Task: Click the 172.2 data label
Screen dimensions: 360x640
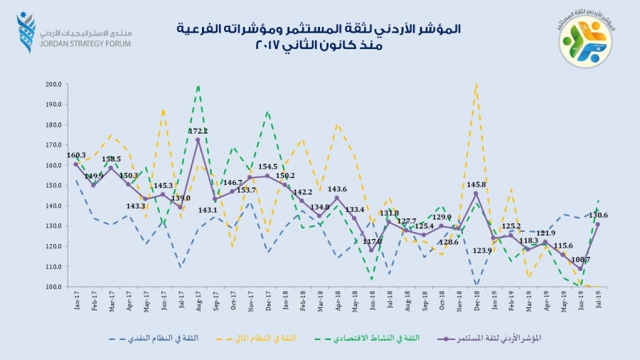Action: pyautogui.click(x=198, y=131)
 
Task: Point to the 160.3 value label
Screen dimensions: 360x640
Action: pyautogui.click(x=76, y=155)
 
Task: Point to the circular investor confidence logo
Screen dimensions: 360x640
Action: pyautogui.click(x=585, y=42)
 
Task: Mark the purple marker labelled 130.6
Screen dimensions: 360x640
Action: pyautogui.click(x=597, y=224)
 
